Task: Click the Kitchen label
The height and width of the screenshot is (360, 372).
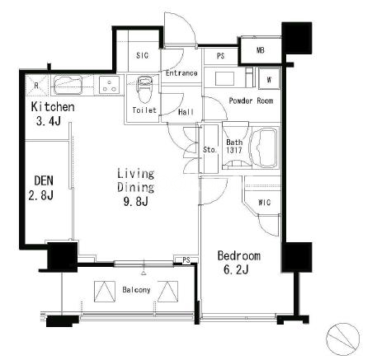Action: [x=53, y=107]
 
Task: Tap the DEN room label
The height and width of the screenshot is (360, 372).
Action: [x=44, y=181]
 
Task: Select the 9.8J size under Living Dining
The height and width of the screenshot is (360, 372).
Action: [x=136, y=202]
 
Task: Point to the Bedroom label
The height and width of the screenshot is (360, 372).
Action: [x=239, y=255]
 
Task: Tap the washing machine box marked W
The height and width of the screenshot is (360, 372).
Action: [x=269, y=79]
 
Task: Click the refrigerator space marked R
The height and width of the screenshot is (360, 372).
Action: [x=37, y=86]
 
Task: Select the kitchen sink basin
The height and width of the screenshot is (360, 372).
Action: [x=68, y=85]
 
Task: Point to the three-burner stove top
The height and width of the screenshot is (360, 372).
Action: [x=109, y=85]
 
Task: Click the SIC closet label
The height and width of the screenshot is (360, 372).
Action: [x=142, y=55]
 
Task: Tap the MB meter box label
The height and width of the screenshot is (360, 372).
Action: [x=261, y=50]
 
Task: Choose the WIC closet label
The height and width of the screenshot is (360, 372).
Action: [x=264, y=203]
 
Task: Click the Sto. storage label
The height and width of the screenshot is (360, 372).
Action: [x=210, y=150]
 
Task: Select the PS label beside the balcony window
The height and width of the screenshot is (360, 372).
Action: [x=186, y=259]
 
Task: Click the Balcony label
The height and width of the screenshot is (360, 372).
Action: [x=136, y=290]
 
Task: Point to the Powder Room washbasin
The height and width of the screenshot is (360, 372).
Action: [x=224, y=79]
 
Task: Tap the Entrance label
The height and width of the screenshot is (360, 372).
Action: [x=181, y=73]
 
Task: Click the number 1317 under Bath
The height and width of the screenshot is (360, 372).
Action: [x=234, y=150]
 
